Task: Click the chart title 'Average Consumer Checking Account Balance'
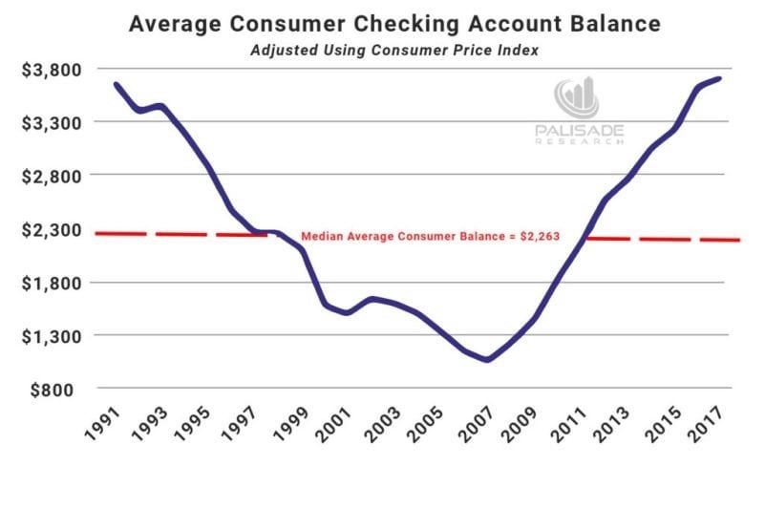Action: coord(382,23)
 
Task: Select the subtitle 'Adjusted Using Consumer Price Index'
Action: coord(382,50)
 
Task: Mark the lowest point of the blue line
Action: coord(487,360)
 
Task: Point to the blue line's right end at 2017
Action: coord(719,78)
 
